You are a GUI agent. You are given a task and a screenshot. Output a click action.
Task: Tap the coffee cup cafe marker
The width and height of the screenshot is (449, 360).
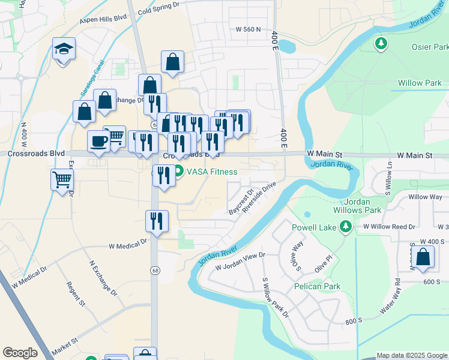(x=98, y=142)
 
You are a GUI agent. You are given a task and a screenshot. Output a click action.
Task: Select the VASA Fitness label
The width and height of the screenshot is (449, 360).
(x=212, y=172)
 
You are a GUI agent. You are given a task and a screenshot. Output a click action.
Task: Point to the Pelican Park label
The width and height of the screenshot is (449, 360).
(x=318, y=286)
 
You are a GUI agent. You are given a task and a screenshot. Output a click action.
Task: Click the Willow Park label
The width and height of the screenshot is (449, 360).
(x=419, y=83)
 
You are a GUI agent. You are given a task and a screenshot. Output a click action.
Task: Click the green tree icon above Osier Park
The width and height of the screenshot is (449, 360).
(x=380, y=43)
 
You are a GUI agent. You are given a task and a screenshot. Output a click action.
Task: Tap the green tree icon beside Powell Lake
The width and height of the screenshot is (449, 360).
(x=345, y=227)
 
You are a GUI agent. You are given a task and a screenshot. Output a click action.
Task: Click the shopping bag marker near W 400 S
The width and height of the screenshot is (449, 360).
(x=423, y=256)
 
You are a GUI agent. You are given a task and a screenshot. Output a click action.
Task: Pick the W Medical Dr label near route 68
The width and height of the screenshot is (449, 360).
(x=128, y=245)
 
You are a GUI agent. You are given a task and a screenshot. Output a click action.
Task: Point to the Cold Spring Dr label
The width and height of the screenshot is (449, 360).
(x=158, y=5)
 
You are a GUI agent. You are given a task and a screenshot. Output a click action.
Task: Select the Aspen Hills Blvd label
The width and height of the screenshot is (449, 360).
(x=103, y=19)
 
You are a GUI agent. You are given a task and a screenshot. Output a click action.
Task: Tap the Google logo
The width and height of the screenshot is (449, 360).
(x=20, y=353)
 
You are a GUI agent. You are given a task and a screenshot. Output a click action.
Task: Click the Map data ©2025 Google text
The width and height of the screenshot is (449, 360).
(x=411, y=355)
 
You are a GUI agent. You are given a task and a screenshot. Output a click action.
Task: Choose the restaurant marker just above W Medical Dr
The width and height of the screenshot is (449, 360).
(x=156, y=220)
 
